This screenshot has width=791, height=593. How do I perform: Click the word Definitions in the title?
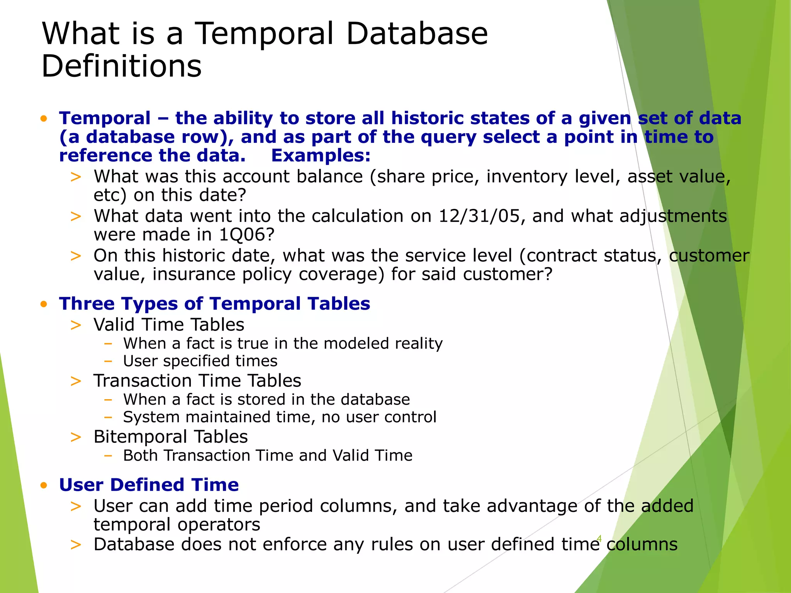(x=121, y=66)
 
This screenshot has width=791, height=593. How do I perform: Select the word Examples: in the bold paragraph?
(x=321, y=156)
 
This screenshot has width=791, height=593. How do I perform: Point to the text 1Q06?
(x=246, y=234)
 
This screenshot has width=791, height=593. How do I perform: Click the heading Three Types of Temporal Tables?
(x=214, y=303)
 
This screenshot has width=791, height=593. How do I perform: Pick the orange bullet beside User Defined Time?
(x=44, y=485)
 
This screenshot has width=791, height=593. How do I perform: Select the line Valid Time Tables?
(x=169, y=325)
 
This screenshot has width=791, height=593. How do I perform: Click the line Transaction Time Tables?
(x=197, y=381)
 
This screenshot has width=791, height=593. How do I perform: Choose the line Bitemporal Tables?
(x=170, y=437)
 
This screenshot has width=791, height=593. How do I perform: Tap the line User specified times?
(x=200, y=361)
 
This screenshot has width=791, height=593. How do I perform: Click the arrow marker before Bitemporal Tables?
(x=76, y=437)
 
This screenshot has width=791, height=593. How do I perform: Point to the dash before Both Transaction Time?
(x=108, y=456)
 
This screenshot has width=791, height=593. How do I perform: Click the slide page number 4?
(x=599, y=538)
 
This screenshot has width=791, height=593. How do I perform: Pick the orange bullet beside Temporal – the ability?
(x=44, y=119)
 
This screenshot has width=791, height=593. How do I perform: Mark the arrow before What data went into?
(x=76, y=217)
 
